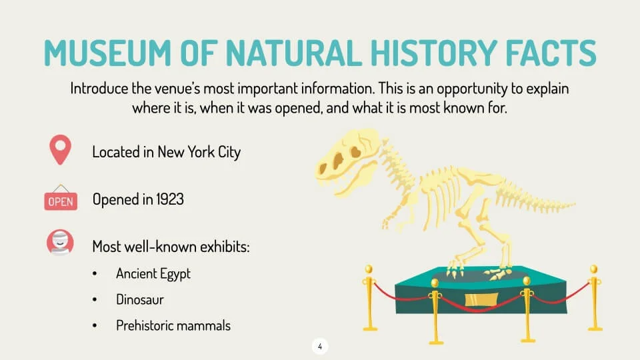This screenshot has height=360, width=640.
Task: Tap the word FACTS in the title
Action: (x=551, y=53)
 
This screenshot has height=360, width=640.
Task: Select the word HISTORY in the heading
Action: (x=434, y=53)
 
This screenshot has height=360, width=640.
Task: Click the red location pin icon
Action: (x=61, y=150)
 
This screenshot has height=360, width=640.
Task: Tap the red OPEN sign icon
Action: (x=61, y=198)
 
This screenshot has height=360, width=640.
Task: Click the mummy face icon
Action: (x=60, y=242)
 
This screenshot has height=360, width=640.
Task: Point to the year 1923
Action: (x=170, y=199)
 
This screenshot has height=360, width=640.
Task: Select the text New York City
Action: (x=199, y=152)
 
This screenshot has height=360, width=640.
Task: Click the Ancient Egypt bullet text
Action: (x=153, y=274)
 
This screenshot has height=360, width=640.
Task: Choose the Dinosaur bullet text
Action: (x=140, y=299)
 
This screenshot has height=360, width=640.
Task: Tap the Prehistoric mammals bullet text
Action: (x=173, y=326)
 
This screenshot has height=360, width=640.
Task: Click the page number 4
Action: (x=320, y=347)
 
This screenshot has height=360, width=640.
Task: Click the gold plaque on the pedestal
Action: (x=481, y=300)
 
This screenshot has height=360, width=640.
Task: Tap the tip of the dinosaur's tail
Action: (x=575, y=203)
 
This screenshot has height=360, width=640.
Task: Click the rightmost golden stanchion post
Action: (x=594, y=297)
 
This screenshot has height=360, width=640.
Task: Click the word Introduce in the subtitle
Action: (x=99, y=88)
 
